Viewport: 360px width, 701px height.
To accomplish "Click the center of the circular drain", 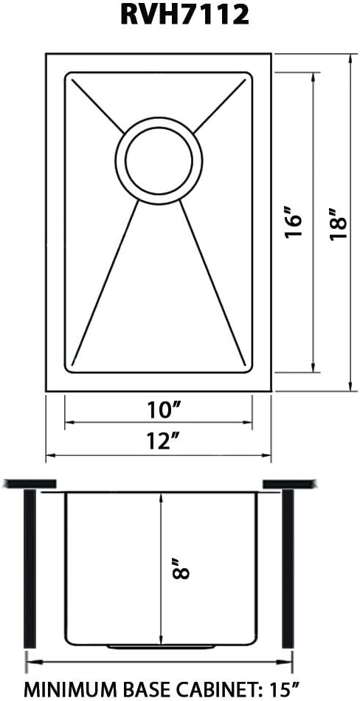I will coord(158,160).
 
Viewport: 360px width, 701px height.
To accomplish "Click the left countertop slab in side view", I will coord(30,483).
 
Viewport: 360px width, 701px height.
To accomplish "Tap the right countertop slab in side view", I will coord(290,483).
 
